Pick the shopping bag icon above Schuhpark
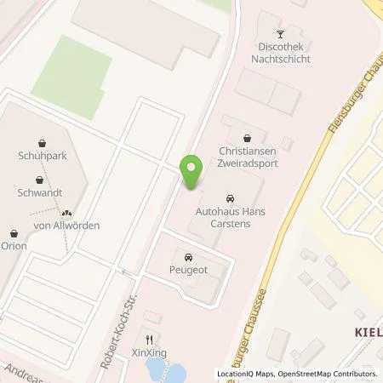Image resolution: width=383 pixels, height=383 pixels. coord(41,142)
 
